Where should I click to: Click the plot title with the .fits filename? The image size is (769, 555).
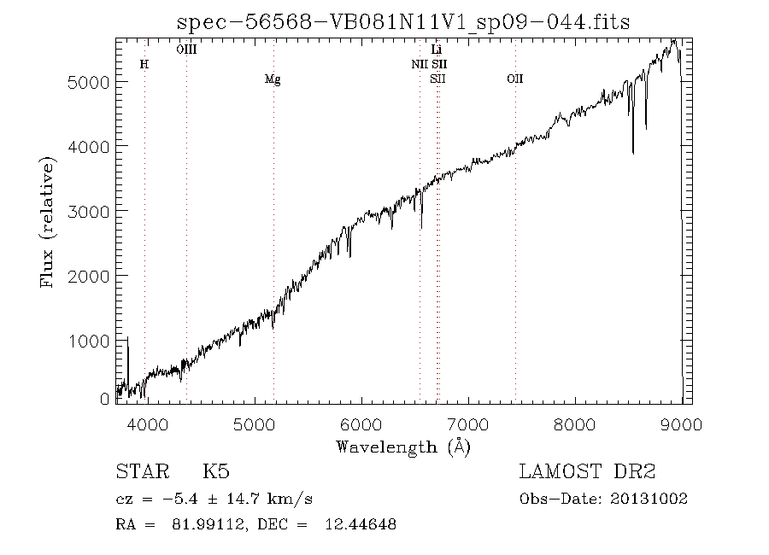(403, 21)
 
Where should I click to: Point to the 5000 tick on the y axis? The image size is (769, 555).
(90, 82)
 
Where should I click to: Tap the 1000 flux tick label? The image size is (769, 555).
(90, 341)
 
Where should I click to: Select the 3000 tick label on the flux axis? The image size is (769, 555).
(90, 211)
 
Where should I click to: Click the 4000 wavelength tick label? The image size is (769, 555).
(147, 424)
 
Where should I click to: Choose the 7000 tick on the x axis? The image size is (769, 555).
(468, 424)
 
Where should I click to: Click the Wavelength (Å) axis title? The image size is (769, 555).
(403, 447)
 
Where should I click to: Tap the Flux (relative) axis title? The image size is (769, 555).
(48, 222)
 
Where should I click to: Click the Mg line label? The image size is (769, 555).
(273, 79)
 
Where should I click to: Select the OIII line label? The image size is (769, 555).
(186, 50)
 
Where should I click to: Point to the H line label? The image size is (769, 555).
(144, 65)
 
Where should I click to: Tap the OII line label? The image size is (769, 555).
(514, 79)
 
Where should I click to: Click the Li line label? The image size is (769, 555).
(437, 50)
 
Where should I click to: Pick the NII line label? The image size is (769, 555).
(420, 64)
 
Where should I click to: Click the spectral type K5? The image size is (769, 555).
(215, 472)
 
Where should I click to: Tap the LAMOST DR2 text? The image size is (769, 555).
(587, 472)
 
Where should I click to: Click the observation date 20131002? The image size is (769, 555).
(650, 499)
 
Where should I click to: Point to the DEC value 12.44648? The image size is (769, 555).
(361, 524)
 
